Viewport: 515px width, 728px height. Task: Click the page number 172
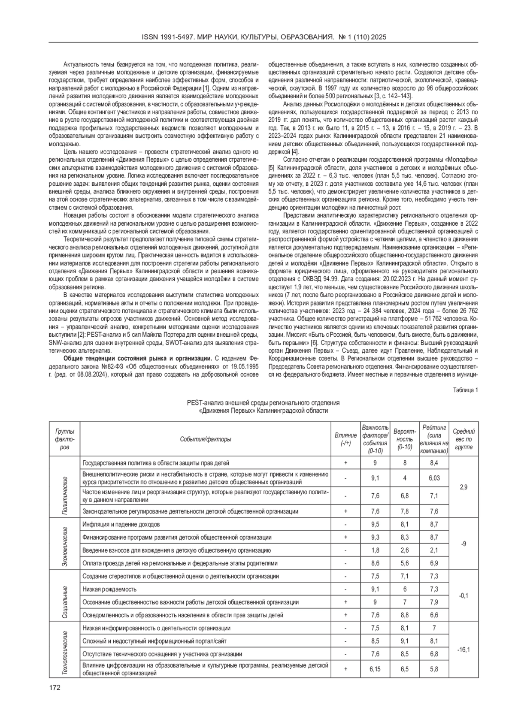(x=55, y=688)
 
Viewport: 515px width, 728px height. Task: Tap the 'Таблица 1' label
(x=465, y=390)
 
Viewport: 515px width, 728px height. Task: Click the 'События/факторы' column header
(x=206, y=439)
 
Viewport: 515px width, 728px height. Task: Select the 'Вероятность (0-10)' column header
(x=405, y=439)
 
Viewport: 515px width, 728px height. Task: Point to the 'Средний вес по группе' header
(x=463, y=439)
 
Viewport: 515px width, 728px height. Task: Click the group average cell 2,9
(x=463, y=487)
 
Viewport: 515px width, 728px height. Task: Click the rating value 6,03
(x=434, y=478)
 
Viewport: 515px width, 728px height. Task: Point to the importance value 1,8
(x=375, y=550)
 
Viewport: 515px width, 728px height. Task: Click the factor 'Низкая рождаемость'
(x=109, y=589)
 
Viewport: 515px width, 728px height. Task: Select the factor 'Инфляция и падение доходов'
(x=121, y=525)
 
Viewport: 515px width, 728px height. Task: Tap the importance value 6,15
(x=375, y=669)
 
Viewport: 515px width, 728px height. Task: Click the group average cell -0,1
(x=463, y=595)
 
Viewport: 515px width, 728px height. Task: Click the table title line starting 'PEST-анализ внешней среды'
(x=263, y=403)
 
